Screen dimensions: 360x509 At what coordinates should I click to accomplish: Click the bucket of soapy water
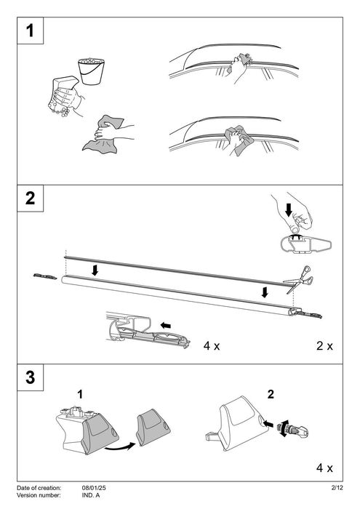pos(91,71)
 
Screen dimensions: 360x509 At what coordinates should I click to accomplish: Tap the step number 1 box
pos(30,31)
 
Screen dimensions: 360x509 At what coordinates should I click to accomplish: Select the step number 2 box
pos(30,198)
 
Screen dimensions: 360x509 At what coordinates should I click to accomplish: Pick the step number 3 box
pos(30,377)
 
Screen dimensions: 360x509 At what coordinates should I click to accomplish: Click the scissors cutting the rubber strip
pos(299,279)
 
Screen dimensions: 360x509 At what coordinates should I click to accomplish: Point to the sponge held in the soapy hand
pos(63,92)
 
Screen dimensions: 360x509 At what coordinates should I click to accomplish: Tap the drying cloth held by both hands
pos(103,134)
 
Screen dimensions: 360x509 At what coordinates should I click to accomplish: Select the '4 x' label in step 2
pos(212,345)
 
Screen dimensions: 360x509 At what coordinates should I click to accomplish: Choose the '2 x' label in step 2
pos(324,345)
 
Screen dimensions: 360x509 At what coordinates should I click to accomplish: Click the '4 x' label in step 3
pos(324,468)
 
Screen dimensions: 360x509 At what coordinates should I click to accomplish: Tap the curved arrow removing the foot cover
pos(119,447)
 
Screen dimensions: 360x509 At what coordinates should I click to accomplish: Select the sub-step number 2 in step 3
pos(271,394)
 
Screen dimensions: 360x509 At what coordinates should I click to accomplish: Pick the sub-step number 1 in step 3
pos(80,394)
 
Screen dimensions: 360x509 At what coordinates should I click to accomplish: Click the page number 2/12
pos(337,488)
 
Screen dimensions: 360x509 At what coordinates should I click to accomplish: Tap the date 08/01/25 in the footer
pos(94,488)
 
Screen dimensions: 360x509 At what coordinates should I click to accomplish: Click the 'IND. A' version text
pos(91,495)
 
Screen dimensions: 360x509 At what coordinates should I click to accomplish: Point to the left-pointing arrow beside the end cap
pos(166,325)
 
